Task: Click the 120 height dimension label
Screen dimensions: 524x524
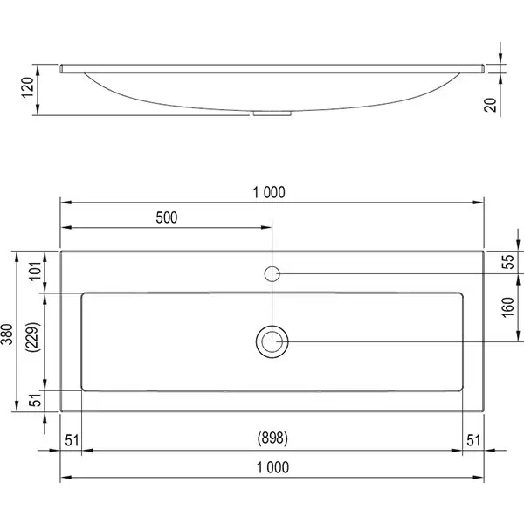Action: (x=28, y=87)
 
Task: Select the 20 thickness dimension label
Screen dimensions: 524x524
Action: (x=490, y=105)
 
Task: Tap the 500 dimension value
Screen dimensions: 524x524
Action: (x=167, y=217)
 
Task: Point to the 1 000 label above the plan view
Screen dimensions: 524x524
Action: (x=269, y=192)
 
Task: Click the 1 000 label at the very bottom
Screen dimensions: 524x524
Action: (x=272, y=467)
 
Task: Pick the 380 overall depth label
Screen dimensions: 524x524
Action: (x=7, y=334)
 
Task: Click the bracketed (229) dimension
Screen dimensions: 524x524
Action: (x=33, y=337)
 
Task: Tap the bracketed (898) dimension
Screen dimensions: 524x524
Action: (x=272, y=438)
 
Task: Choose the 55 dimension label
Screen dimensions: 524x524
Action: (x=507, y=262)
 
